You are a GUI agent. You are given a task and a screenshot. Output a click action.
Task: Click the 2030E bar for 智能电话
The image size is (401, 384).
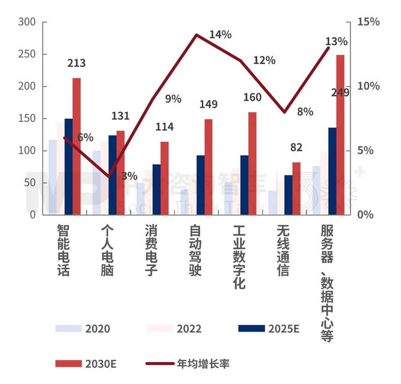coord(77,146)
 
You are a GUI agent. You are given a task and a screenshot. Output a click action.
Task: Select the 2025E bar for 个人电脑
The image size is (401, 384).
coord(112,175)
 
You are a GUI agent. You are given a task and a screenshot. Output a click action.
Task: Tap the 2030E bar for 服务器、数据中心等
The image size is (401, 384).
coord(340,135)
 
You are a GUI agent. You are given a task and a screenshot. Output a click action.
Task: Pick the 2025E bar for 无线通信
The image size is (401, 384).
coord(288,195)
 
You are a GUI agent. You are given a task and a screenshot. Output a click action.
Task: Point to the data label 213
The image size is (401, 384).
coord(77,64)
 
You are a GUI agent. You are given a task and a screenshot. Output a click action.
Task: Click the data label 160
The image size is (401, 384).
coord(252,97)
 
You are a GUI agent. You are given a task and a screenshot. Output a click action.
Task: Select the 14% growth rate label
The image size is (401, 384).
coord(220,34)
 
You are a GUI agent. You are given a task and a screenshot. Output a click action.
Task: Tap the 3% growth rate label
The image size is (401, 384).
coord(130,175)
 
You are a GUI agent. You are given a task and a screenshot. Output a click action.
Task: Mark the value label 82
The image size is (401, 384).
coord(296,148)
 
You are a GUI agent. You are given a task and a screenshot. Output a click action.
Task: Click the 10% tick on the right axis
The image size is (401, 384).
coord(368,86)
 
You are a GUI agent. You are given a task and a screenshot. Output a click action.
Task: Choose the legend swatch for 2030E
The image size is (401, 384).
coord(68,363)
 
